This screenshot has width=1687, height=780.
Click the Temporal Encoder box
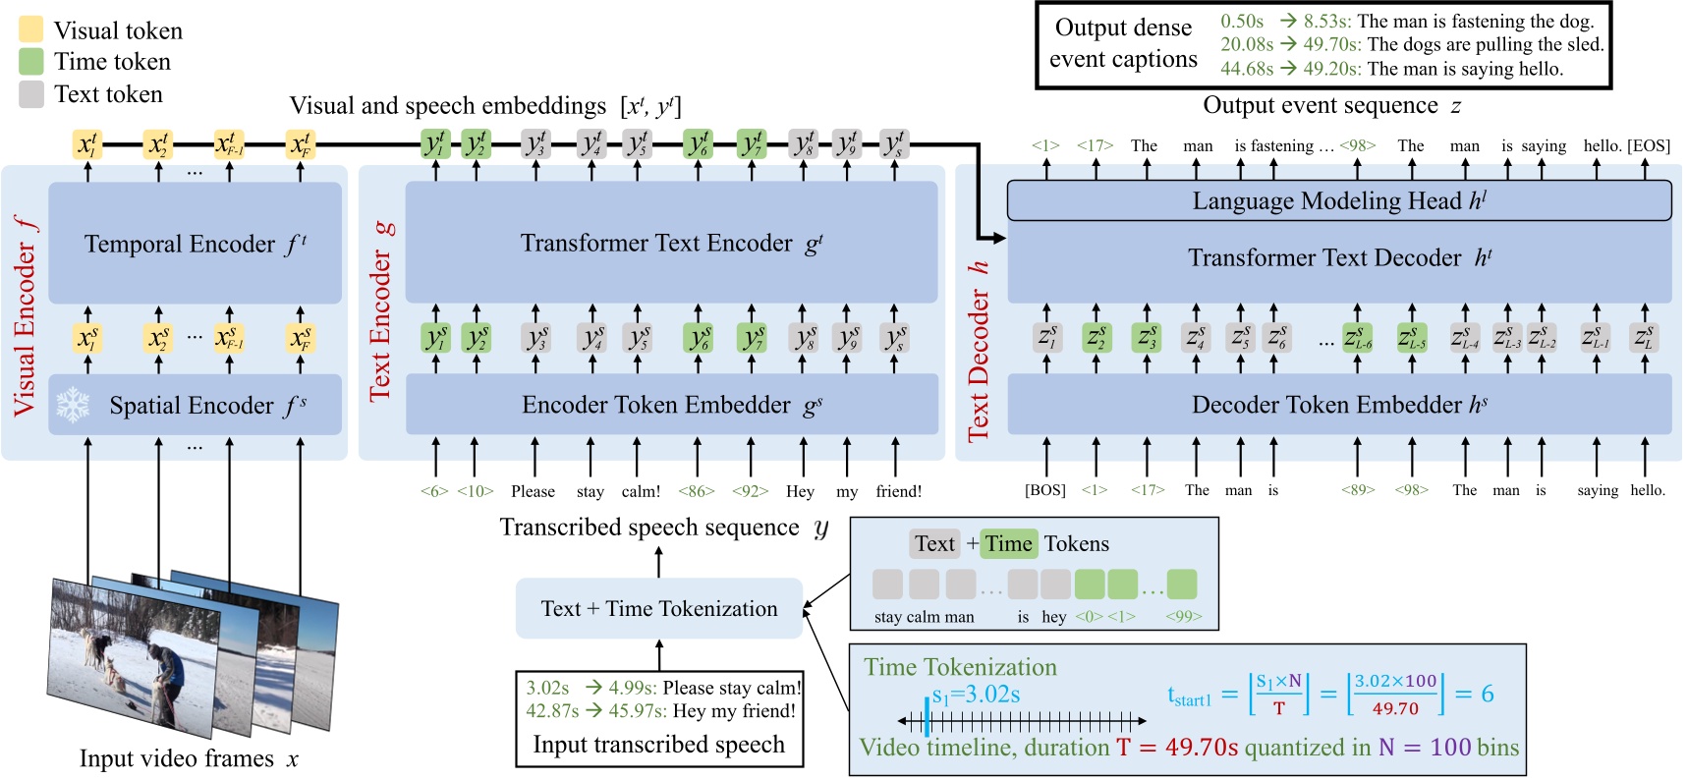coord(195,244)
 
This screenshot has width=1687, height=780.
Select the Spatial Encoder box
coord(195,405)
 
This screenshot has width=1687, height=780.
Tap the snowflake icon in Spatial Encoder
coord(73,405)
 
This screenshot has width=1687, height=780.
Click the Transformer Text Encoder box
coord(671,243)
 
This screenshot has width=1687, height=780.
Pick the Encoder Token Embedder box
coord(671,405)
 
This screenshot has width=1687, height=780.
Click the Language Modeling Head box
coord(1338,200)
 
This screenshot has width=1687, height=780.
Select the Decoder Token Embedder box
coord(1338,405)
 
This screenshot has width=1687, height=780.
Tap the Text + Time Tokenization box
coord(658,609)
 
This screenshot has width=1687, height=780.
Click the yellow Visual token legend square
coord(31,29)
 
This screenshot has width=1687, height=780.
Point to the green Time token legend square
coord(31,61)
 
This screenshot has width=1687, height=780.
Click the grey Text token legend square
coord(31,94)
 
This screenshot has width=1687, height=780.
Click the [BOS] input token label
coord(1044,490)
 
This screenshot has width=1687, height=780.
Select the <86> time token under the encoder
coord(696,491)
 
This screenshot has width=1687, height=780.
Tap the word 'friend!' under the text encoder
coord(898,491)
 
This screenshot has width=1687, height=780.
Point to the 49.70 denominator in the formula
coord(1394,708)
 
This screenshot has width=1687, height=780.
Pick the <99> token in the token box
coord(1183,617)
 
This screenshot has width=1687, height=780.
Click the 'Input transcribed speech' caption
coord(658,745)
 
